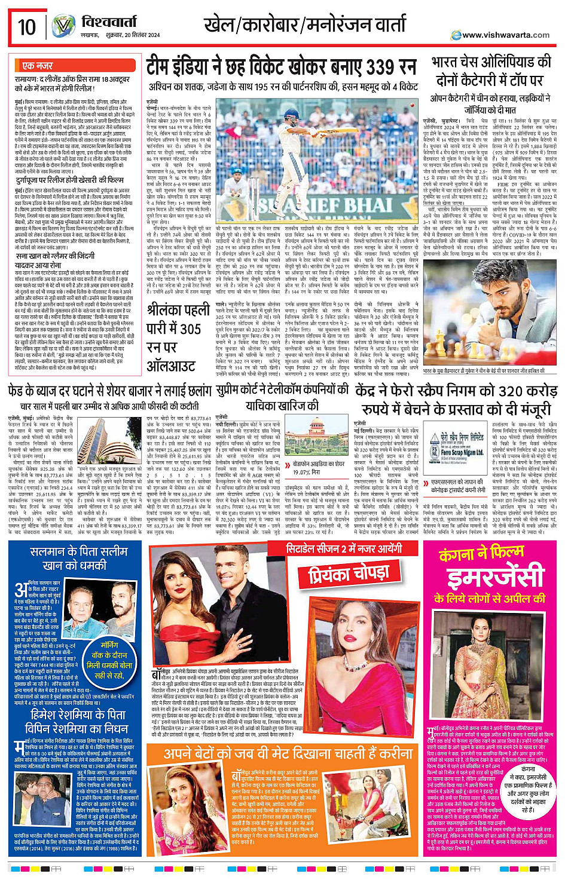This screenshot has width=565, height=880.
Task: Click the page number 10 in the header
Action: tap(27, 26)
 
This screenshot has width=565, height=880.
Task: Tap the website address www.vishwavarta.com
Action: tap(505, 35)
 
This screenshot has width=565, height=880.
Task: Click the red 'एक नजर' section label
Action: tap(37, 65)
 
